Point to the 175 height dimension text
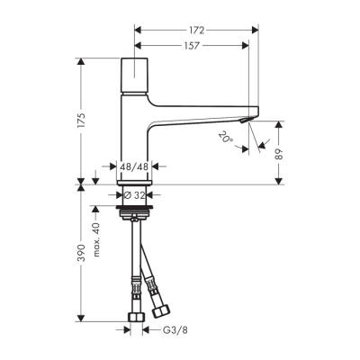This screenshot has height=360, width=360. pos(82,121)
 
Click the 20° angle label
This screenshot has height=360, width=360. pos(225,137)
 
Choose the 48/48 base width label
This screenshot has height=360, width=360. pos(134,166)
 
